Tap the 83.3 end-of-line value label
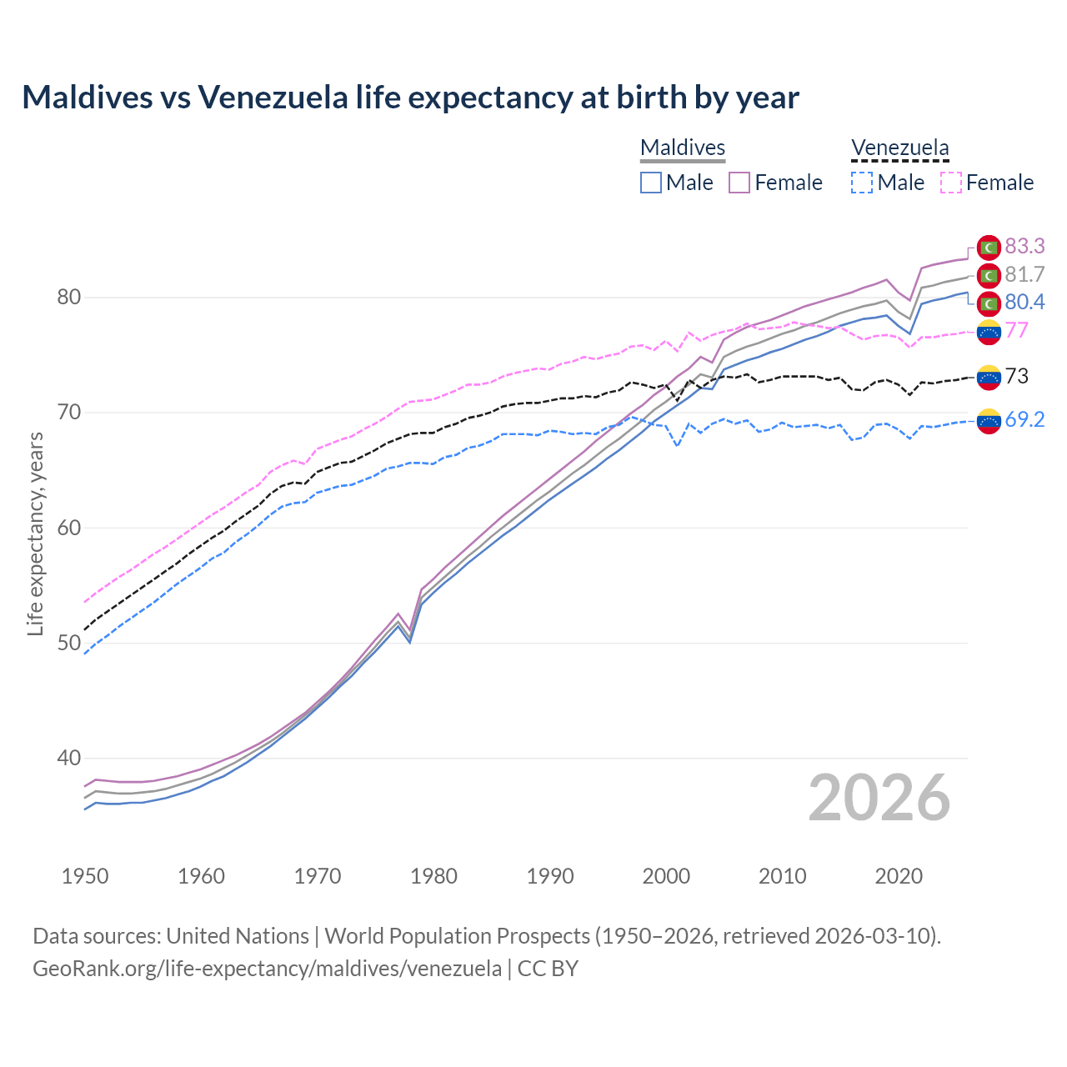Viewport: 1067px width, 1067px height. tap(1024, 246)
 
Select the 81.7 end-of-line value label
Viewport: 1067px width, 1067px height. tap(1024, 274)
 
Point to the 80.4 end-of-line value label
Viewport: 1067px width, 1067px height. tap(1024, 302)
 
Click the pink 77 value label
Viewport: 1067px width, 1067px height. tap(1017, 330)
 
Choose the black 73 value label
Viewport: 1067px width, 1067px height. tap(1017, 376)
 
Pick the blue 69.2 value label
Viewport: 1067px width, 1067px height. tap(1024, 419)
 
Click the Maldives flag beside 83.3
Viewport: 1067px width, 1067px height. tap(989, 247)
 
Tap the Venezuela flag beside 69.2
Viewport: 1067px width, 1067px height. tap(989, 421)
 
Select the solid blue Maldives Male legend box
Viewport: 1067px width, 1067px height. tap(651, 183)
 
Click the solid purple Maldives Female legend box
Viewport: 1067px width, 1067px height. tap(739, 183)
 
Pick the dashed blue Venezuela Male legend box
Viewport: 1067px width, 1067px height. tap(862, 183)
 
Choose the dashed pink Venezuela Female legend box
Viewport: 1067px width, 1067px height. tap(951, 183)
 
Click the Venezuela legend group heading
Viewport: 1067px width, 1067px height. tap(899, 148)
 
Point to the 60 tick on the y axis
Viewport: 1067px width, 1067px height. tap(68, 528)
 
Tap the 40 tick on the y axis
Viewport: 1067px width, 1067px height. tap(68, 759)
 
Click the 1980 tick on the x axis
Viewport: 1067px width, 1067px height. tap(433, 876)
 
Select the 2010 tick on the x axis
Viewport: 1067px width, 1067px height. tap(782, 876)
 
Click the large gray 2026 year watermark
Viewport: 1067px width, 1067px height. tap(879, 799)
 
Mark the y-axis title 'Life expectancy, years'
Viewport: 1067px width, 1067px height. tap(35, 533)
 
